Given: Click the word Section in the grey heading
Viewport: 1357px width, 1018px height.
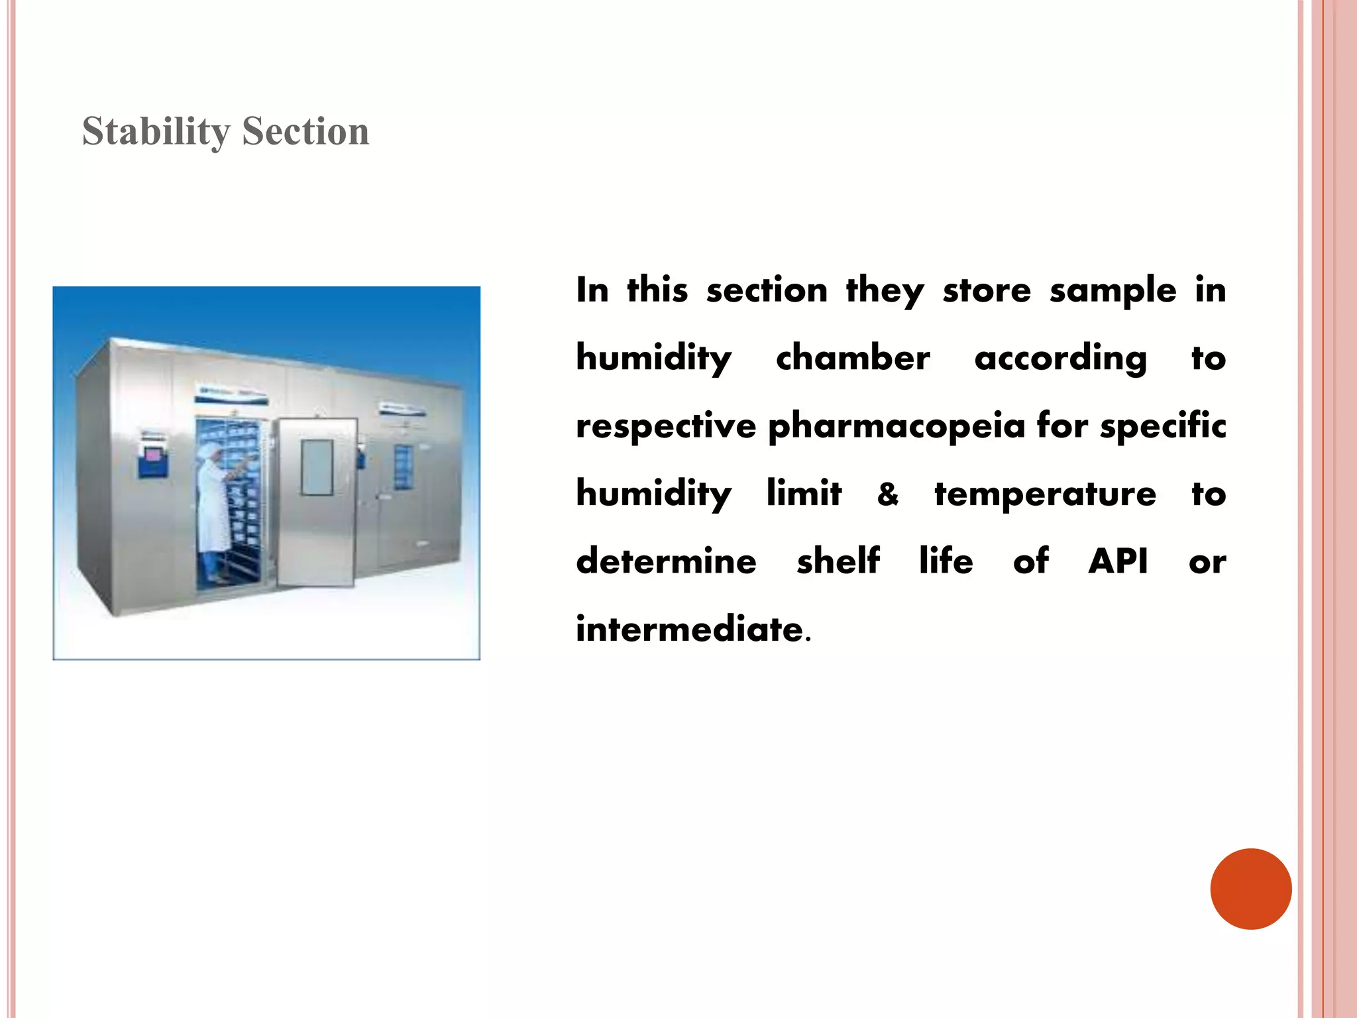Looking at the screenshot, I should coord(305,131).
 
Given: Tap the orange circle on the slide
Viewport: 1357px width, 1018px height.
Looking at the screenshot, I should coord(1250,888).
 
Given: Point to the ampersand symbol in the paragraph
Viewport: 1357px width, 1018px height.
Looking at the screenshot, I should coord(888,494).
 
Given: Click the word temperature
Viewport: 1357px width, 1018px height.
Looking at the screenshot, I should coord(1045,494).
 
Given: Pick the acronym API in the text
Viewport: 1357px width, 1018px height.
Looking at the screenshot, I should coord(1118,561).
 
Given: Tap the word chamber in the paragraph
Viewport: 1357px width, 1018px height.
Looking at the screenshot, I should coord(853,358).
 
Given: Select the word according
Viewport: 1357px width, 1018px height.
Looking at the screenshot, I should coord(1060,358).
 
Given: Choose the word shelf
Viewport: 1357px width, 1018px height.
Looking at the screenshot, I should coord(838,561).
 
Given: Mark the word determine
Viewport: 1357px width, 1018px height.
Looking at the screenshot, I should coord(666,561).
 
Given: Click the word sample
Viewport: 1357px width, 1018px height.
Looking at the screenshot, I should coord(1113,290).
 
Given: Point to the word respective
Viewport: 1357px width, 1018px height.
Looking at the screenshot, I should coord(665,425).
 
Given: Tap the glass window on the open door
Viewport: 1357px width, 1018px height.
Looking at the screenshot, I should coord(317,467).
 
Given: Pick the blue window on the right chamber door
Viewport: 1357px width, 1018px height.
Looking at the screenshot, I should coord(403,466).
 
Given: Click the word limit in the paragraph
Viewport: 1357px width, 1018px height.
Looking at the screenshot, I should coord(804,494).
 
